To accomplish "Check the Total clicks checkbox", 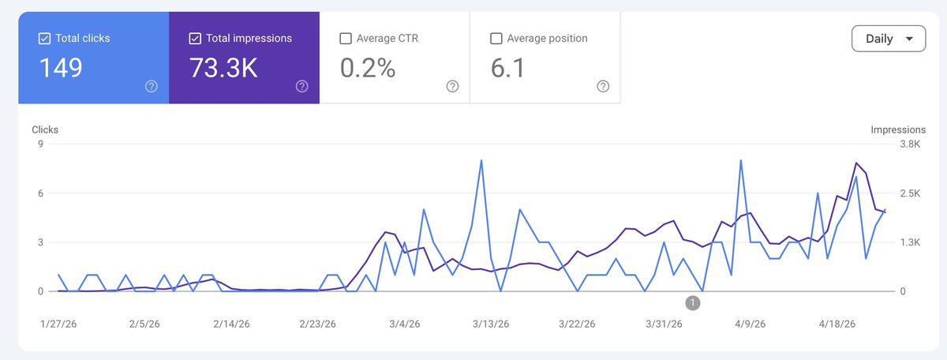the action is pyautogui.click(x=44, y=39).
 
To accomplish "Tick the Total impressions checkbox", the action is pyautogui.click(x=195, y=39).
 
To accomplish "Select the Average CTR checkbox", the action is pyautogui.click(x=346, y=39).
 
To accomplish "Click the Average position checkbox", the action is pyautogui.click(x=496, y=39).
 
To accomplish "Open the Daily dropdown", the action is pyautogui.click(x=889, y=39).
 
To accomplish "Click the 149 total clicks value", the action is pyautogui.click(x=61, y=68).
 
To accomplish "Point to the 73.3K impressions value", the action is pyautogui.click(x=223, y=68).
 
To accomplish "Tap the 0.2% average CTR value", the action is pyautogui.click(x=368, y=68).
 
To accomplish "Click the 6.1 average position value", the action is pyautogui.click(x=507, y=68).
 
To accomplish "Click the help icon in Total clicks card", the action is pyautogui.click(x=152, y=86).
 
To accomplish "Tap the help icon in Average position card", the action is pyautogui.click(x=603, y=86).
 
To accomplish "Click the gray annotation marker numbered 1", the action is pyautogui.click(x=693, y=303).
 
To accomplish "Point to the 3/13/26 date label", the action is pyautogui.click(x=491, y=324).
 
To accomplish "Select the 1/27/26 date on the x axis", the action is pyautogui.click(x=58, y=324).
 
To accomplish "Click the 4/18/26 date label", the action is pyautogui.click(x=837, y=324).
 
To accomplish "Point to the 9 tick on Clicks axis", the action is pyautogui.click(x=40, y=144).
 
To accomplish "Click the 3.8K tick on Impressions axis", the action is pyautogui.click(x=910, y=144).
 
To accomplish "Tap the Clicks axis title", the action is pyautogui.click(x=45, y=129).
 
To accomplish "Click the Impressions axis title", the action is pyautogui.click(x=898, y=129).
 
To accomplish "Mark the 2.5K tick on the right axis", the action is pyautogui.click(x=910, y=193).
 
